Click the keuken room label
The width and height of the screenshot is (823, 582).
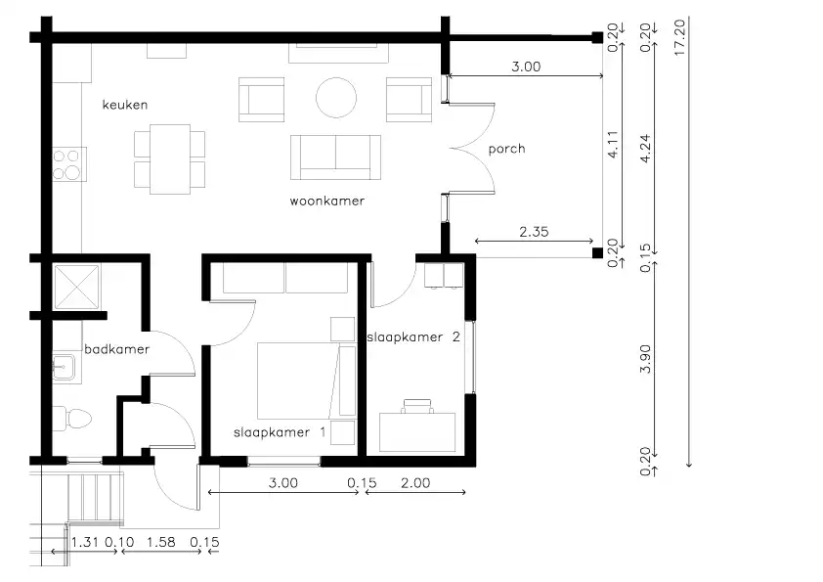pyautogui.click(x=125, y=105)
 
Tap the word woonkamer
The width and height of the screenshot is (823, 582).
pyautogui.click(x=327, y=201)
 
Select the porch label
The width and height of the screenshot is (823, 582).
pyautogui.click(x=506, y=150)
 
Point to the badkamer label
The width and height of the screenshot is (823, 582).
pyautogui.click(x=116, y=349)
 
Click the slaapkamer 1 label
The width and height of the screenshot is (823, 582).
pyautogui.click(x=280, y=432)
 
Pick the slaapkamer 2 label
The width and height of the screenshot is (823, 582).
pyautogui.click(x=413, y=337)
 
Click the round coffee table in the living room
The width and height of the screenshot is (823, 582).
pyautogui.click(x=336, y=98)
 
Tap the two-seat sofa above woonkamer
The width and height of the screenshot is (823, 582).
pyautogui.click(x=335, y=157)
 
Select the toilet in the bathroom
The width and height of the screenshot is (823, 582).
pyautogui.click(x=72, y=419)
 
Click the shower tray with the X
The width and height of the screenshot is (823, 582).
pyautogui.click(x=76, y=287)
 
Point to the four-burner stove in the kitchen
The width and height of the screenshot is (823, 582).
pyautogui.click(x=68, y=164)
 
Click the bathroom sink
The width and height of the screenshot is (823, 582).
pyautogui.click(x=64, y=363)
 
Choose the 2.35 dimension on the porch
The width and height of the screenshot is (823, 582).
pyautogui.click(x=534, y=232)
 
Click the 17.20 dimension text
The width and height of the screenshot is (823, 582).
pyautogui.click(x=679, y=38)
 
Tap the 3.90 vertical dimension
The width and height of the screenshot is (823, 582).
pyautogui.click(x=645, y=359)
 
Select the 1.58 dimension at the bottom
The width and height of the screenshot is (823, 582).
pyautogui.click(x=160, y=542)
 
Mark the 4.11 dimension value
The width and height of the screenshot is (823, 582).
pyautogui.click(x=613, y=145)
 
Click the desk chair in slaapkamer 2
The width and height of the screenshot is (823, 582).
pyautogui.click(x=417, y=406)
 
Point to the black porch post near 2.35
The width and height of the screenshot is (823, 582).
pyautogui.click(x=597, y=253)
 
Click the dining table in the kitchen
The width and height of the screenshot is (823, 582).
pyautogui.click(x=169, y=159)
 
